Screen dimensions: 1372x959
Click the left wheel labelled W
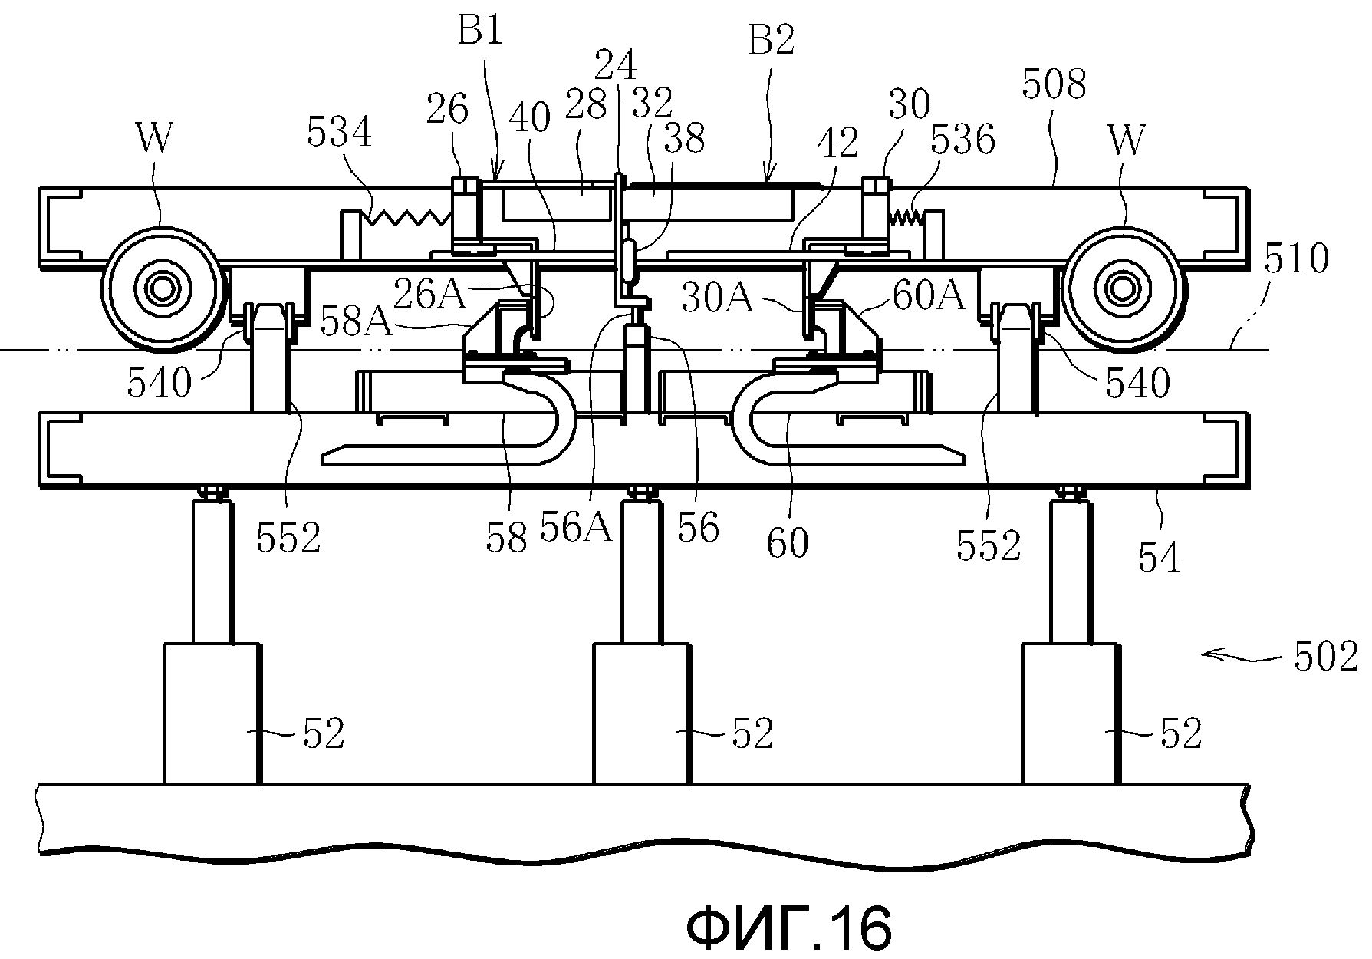pyautogui.click(x=163, y=290)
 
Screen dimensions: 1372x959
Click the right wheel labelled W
pyautogui.click(x=1122, y=290)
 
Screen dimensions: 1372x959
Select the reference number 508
pyautogui.click(x=1054, y=84)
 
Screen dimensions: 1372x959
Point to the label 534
pyautogui.click(x=339, y=133)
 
